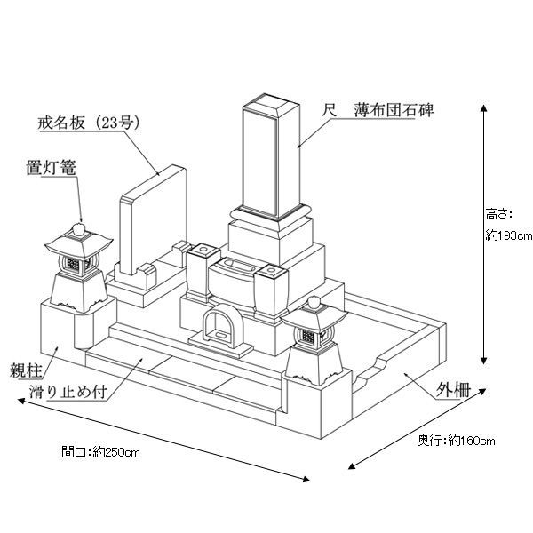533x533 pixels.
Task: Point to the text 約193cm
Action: coord(508,235)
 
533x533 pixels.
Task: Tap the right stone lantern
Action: coord(315,342)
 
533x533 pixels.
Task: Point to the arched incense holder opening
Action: coord(219,328)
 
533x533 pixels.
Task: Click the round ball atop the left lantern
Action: coord(79,230)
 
